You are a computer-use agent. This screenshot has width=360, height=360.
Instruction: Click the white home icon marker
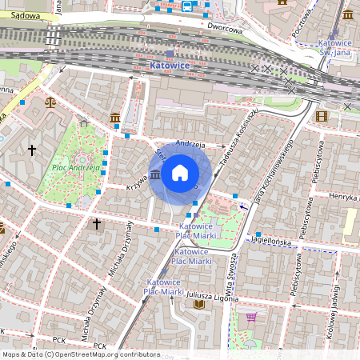[180, 173]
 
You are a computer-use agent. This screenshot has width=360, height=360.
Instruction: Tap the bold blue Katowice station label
[170, 63]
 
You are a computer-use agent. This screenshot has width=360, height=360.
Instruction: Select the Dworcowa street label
[224, 28]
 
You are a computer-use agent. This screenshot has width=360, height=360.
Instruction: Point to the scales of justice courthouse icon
[51, 102]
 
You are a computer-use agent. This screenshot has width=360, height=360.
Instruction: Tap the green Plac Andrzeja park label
[76, 168]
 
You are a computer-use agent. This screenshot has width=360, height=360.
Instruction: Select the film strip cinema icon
[322, 117]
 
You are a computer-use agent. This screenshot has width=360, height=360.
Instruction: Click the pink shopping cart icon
[251, 317]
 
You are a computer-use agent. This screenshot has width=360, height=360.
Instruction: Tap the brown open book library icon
[199, 304]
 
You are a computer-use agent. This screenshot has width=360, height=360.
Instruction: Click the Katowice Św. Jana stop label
[334, 48]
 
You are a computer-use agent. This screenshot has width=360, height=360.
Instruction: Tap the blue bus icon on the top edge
[187, 6]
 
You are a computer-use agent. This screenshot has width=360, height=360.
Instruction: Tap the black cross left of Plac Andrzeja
[32, 150]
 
